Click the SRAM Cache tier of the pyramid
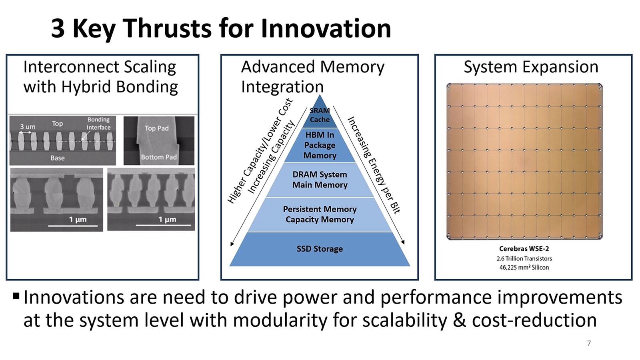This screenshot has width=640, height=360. click(320, 115)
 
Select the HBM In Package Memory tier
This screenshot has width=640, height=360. click(320, 145)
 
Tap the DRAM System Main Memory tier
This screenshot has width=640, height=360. click(320, 180)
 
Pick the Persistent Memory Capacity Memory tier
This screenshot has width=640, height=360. click(320, 214)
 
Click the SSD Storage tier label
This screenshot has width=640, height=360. click(320, 249)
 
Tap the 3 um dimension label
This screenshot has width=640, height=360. click(28, 126)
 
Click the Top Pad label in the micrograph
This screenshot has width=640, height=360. click(156, 128)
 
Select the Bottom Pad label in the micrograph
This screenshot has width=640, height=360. click(159, 157)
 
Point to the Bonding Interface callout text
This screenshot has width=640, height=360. click(98, 124)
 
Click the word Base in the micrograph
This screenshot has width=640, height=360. click(58, 158)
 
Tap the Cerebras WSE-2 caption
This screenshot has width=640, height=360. click(524, 249)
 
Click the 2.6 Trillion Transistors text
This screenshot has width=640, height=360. click(524, 258)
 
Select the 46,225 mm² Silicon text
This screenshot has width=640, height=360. click(524, 267)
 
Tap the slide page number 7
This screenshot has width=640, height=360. click(589, 343)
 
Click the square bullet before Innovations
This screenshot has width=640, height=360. click(16, 296)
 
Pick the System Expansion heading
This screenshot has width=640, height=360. click(531, 67)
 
